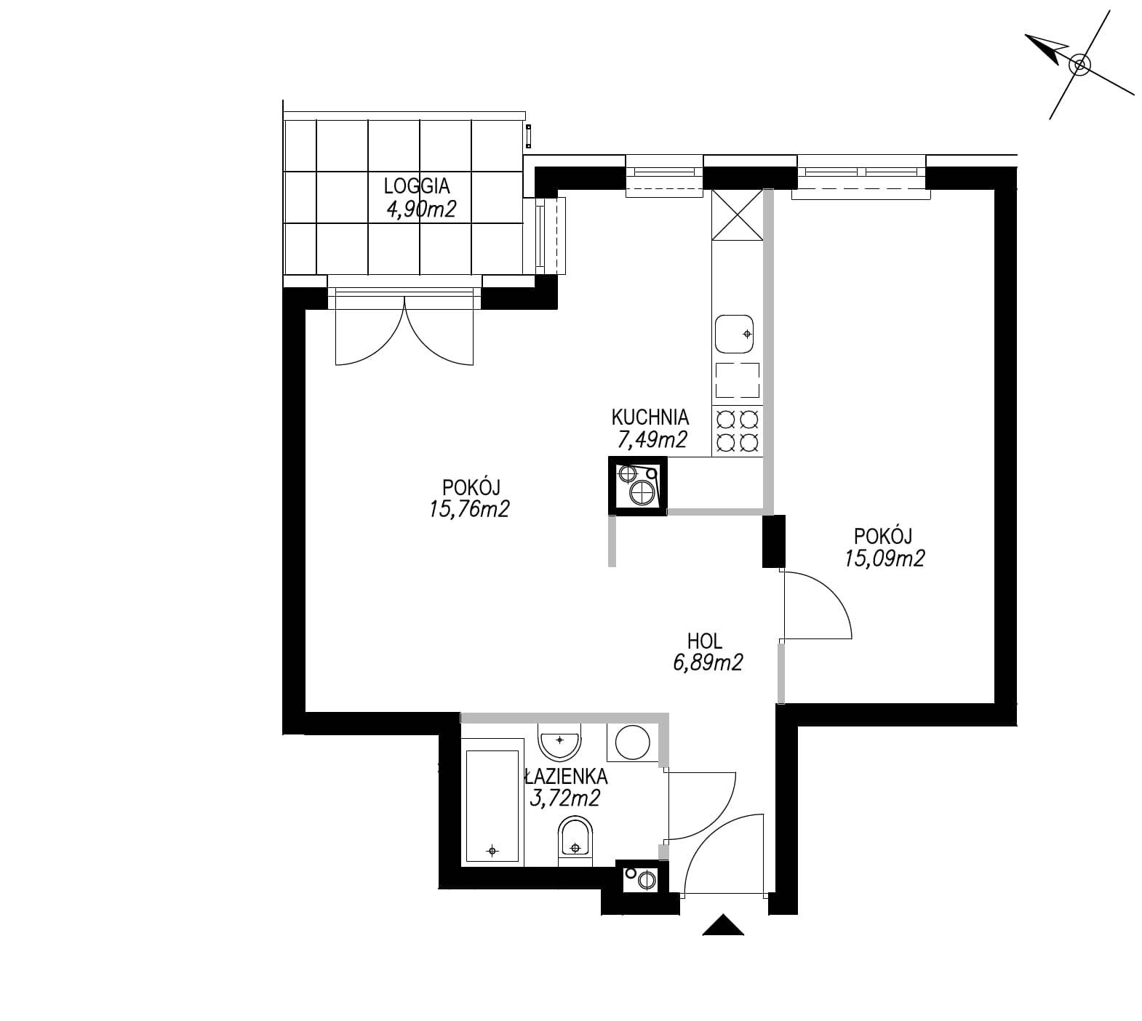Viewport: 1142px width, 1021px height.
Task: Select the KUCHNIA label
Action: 650,417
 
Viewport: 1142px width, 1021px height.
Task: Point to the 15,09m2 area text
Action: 885,558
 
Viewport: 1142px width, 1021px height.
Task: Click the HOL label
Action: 705,641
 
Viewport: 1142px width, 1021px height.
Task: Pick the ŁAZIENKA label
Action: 566,777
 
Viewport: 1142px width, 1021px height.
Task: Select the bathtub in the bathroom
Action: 493,802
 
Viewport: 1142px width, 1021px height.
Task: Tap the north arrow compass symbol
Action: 1079,65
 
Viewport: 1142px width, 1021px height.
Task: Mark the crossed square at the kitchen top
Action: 738,215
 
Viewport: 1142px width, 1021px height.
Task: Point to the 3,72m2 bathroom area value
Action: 566,798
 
